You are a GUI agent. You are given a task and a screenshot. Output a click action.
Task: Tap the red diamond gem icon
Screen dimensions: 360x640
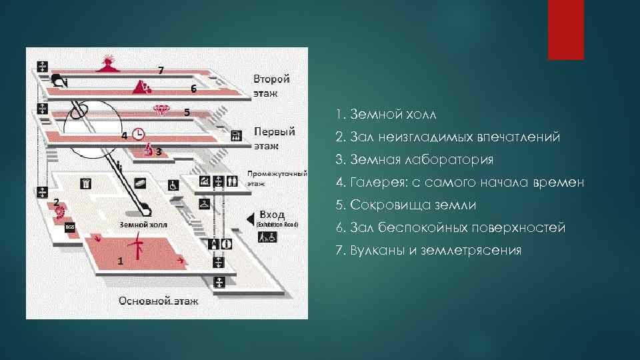click(161, 110)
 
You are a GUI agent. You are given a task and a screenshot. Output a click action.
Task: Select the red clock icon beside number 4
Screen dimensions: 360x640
click(139, 134)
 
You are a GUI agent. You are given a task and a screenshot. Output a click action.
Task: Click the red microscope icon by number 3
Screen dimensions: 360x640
click(149, 150)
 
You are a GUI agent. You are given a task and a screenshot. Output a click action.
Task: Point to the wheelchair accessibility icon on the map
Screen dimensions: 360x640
click(173, 185)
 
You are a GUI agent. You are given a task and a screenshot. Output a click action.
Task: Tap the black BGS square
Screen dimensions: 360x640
click(70, 228)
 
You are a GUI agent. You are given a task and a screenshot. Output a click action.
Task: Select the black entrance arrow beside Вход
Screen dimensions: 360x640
click(250, 217)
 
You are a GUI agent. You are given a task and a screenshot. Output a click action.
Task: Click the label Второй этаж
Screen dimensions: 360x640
click(271, 86)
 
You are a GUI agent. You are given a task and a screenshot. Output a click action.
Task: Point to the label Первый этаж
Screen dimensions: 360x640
click(274, 137)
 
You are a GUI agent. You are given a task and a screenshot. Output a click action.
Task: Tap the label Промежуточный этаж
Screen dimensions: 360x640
click(277, 178)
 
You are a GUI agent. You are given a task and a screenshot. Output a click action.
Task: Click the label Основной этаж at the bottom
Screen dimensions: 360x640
click(158, 301)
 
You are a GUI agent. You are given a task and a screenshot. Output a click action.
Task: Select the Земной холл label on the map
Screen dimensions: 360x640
click(143, 225)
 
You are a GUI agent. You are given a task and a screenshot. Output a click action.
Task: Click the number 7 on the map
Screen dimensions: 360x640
click(160, 69)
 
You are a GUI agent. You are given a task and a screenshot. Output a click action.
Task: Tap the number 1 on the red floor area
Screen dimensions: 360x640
click(120, 261)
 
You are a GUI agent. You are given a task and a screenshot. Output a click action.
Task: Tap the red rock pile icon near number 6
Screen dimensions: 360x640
click(141, 87)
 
